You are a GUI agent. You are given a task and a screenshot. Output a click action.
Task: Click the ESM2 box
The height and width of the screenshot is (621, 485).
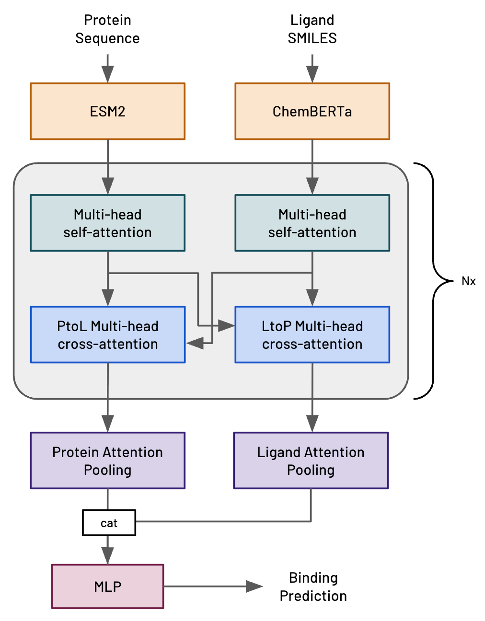coord(107,111)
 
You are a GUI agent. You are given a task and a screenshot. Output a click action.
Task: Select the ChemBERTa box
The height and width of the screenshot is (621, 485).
coord(312,111)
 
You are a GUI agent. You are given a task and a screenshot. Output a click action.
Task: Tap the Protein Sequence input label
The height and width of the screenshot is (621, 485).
coord(107,29)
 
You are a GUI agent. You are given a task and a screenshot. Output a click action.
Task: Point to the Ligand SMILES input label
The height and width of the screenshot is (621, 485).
coord(312,29)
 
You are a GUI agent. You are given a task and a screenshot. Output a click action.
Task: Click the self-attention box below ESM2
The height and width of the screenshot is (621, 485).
coord(107,223)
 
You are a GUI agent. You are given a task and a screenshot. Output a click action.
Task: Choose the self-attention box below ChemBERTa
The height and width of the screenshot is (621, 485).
coord(312,223)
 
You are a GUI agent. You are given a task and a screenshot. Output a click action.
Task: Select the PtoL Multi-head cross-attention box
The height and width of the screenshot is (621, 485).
coord(107,334)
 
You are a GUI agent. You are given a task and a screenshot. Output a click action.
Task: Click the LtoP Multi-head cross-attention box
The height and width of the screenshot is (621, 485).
coord(312,334)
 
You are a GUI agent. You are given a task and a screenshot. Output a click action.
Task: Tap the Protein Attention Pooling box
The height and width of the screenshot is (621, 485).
coord(107,460)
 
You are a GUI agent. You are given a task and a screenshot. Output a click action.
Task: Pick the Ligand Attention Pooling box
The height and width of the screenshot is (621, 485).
coord(311,460)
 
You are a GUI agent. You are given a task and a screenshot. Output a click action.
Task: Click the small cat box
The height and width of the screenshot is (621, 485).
coord(109,523)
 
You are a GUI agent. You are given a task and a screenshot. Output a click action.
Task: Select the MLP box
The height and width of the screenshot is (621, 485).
coord(107,586)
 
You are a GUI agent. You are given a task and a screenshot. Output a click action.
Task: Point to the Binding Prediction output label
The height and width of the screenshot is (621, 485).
coord(313,586)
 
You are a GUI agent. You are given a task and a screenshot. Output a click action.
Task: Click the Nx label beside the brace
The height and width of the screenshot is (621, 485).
coord(468,281)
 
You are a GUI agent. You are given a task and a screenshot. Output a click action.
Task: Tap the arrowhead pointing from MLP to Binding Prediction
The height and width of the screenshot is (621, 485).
coord(254,586)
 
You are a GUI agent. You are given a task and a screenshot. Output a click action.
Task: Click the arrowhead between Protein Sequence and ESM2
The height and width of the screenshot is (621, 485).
coord(107,75)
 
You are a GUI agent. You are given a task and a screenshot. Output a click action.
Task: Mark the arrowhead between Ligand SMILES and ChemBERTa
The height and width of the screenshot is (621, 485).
coord(312,75)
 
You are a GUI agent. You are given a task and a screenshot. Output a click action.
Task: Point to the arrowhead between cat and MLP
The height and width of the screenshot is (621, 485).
coord(107,556)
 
